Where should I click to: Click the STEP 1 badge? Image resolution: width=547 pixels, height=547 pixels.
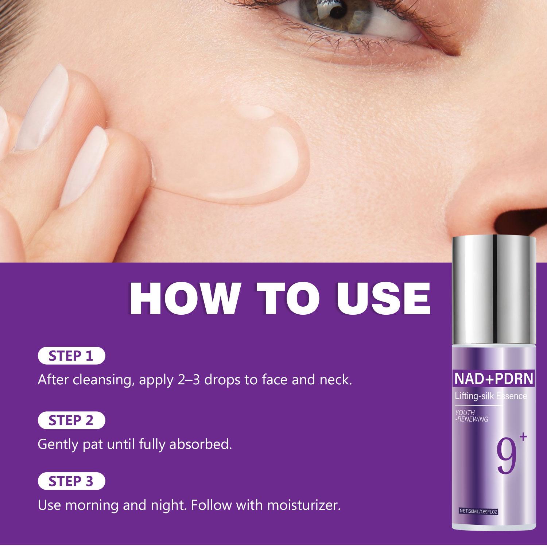click(x=71, y=356)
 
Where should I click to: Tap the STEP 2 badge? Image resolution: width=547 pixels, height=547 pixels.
click(x=71, y=420)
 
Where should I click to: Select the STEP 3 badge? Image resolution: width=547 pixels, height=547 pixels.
click(x=71, y=481)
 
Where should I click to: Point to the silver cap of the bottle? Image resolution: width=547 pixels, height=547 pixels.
click(x=494, y=292)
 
